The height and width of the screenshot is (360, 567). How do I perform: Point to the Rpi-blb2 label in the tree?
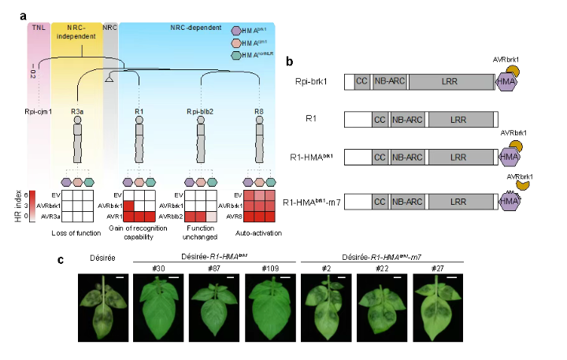pos(200,111)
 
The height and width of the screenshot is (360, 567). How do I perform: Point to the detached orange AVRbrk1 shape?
pos(523,185)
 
